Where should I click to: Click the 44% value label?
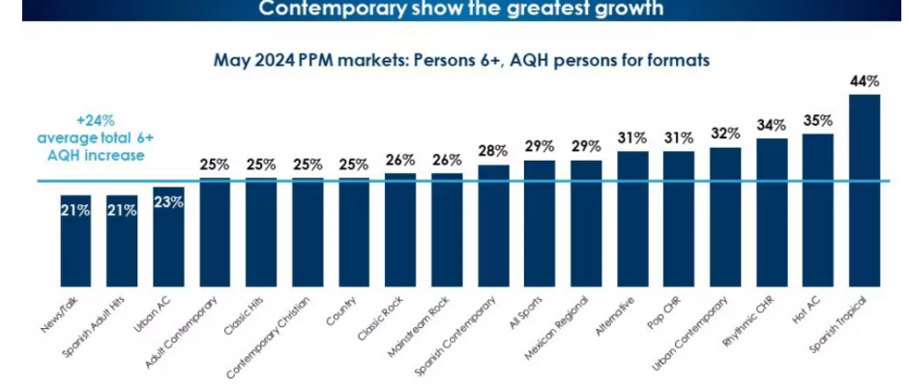(864, 83)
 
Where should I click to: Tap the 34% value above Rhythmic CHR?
(771, 127)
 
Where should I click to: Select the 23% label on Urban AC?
(168, 203)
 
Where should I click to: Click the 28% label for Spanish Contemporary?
(493, 153)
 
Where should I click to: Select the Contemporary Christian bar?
(308, 231)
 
